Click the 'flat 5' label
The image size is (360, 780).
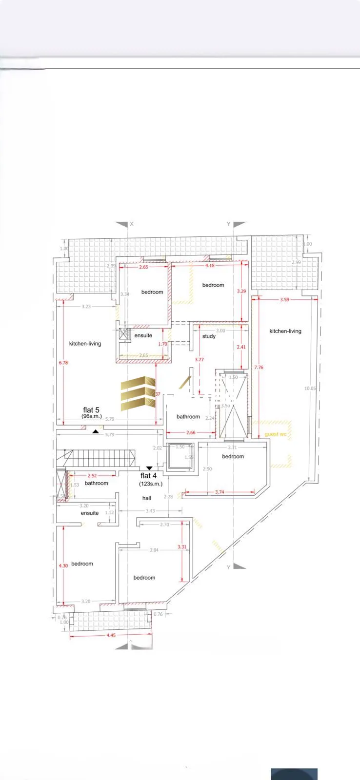pos(91,410)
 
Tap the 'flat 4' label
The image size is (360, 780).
pos(148,475)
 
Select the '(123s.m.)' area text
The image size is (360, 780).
pos(151,484)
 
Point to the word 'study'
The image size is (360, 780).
pos(209,336)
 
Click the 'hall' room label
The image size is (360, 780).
pos(147,498)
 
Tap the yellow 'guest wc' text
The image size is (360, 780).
pos(275,434)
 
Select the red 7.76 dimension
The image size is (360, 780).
pos(259,368)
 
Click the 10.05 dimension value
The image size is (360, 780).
pos(310,389)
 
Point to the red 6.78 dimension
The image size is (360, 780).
pos(63,363)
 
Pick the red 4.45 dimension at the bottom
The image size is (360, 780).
pos(111,635)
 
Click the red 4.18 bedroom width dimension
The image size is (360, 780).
pos(210,266)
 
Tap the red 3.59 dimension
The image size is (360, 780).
pos(284,300)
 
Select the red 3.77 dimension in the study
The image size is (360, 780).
pos(199,360)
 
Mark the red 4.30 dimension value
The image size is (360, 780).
pos(63,566)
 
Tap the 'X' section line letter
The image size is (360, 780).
pos(132,224)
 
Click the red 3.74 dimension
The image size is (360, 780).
pos(220,492)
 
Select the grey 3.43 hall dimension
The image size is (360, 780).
pos(150,511)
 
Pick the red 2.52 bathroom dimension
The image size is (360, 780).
pos(92,476)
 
